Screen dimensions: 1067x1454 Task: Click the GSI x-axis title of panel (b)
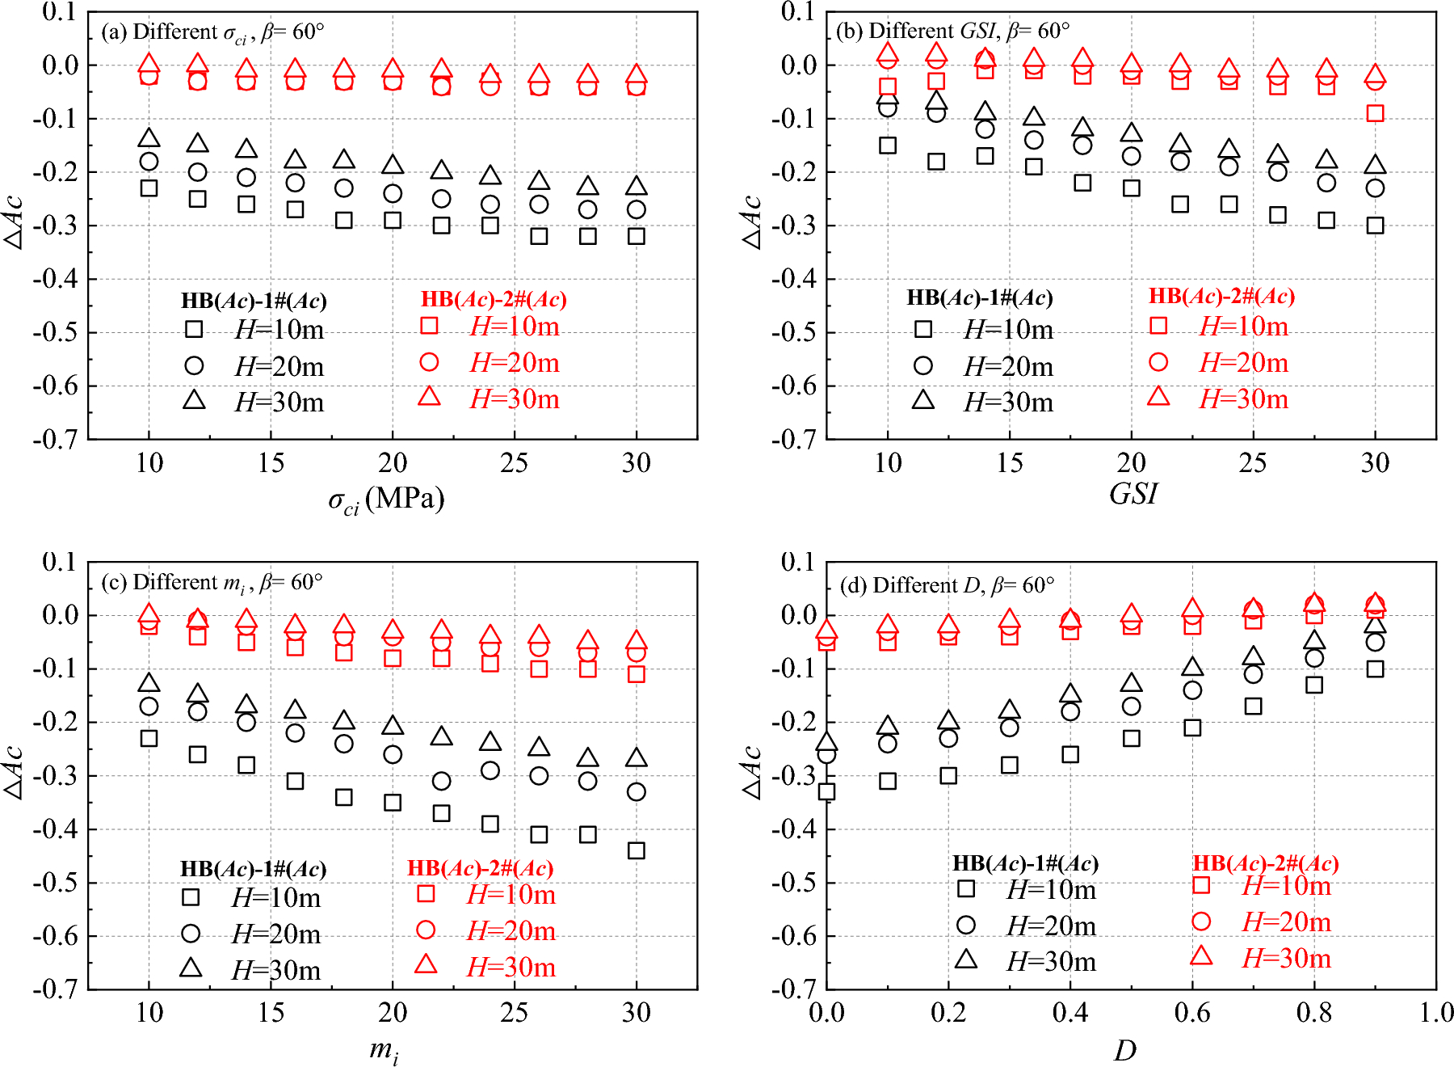coord(1133,493)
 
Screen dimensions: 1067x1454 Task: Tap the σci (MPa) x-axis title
coord(386,500)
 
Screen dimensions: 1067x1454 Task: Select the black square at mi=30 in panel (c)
coord(637,850)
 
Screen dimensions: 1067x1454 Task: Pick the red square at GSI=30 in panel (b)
coord(1375,113)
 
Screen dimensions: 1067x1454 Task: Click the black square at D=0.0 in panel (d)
coord(826,791)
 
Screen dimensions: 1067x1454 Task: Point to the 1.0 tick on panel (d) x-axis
coord(1435,1012)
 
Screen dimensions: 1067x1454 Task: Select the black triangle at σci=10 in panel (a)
coord(149,139)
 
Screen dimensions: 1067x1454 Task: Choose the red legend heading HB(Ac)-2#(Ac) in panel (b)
coord(1221,297)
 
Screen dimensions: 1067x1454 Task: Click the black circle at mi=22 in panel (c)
coord(441,781)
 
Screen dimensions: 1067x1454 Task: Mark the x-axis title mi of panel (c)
coord(384,1050)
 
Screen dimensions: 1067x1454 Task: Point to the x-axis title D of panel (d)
coord(1124,1050)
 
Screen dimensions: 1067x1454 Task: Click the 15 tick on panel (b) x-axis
coord(1010,462)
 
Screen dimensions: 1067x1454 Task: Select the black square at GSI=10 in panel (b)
coord(888,145)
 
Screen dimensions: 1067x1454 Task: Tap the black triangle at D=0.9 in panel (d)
coord(1375,625)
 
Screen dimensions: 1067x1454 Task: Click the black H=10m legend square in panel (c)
coord(191,896)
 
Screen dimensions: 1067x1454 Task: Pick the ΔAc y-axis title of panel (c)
coord(14,772)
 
